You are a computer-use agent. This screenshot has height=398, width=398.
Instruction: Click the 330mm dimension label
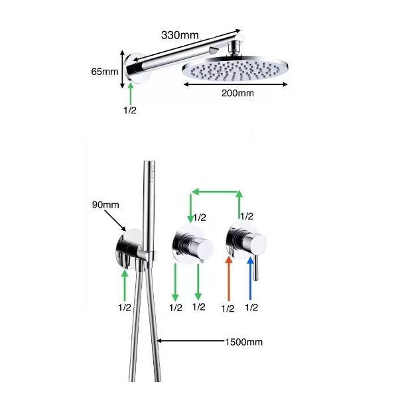180,35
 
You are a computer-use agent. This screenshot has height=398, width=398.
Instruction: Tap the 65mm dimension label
105,72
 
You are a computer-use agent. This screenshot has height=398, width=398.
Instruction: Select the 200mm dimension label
237,93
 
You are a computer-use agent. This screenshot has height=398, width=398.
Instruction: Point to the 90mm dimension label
105,204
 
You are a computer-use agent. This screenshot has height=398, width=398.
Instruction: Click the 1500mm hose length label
244,342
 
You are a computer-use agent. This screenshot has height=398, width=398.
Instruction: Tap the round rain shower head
235,68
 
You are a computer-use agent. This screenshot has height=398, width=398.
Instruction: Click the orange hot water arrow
229,279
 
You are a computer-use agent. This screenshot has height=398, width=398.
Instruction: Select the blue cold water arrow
251,279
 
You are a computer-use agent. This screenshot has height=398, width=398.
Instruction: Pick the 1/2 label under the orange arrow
228,308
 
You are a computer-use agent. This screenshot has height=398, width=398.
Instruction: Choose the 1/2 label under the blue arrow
251,307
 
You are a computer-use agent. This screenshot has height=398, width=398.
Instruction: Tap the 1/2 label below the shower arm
130,110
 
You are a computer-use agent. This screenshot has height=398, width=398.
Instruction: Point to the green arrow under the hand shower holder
125,285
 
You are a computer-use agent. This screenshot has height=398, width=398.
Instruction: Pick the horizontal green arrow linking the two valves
215,192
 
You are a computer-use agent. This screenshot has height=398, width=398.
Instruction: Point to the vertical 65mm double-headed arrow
122,69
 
